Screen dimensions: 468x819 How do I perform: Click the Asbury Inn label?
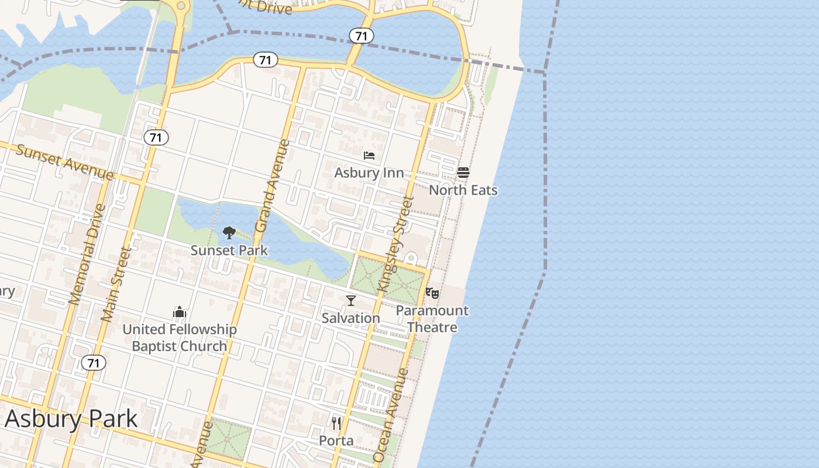coord(369,173)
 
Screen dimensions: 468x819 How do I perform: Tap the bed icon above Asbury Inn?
coord(369,156)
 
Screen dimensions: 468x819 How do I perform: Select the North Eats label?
coord(463,190)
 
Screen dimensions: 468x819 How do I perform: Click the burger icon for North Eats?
coord(463,173)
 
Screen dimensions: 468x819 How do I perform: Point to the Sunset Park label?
coord(229,250)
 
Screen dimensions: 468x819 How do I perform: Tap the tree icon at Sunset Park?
coord(229,233)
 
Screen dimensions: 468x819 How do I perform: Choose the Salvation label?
coord(351,318)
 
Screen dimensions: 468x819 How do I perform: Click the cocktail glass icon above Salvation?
coord(351,301)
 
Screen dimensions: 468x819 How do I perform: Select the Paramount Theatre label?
coord(432,319)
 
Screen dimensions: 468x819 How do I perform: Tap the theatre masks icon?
coord(432,293)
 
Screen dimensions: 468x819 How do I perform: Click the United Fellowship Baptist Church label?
coord(180,338)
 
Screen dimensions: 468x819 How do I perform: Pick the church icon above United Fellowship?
coord(180,312)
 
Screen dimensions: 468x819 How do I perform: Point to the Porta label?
coord(336,440)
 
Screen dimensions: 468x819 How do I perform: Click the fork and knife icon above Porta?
coord(336,423)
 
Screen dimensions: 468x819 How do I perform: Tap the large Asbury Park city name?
coord(71,419)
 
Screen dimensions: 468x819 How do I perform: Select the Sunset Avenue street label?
coord(64,162)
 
